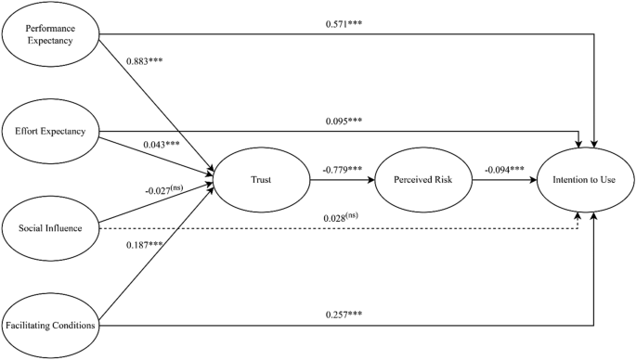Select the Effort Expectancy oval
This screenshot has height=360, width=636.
coord(51,131)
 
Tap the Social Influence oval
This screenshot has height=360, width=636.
coord(51,226)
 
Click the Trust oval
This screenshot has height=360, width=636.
coord(261,179)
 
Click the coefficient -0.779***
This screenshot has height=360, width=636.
coord(340,169)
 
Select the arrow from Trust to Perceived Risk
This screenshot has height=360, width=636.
coord(340,180)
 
